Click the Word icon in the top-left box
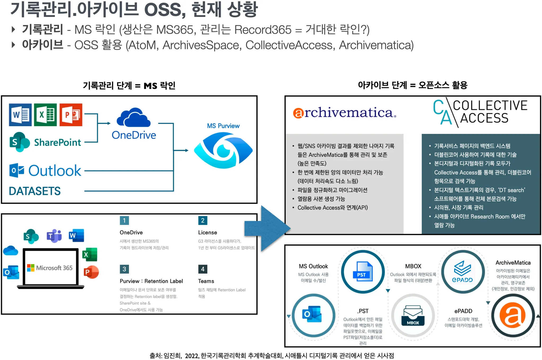pos(20,115)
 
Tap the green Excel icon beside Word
pos(46,115)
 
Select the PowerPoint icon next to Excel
pos(71,115)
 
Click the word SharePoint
pos(57,143)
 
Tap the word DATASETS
pos(35,191)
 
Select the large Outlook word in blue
pos(55,171)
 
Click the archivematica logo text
pos(344,113)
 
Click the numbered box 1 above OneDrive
pos(124,221)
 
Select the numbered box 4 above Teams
pos(203,269)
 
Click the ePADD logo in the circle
pos(463,272)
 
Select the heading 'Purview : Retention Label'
pos(151,281)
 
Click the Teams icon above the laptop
pos(54,235)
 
